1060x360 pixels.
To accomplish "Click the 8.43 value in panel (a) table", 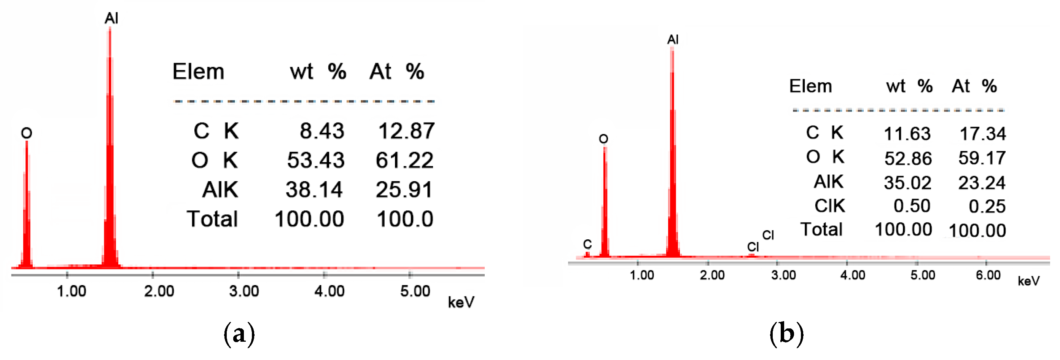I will [322, 131].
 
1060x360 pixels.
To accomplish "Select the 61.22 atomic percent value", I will [404, 160].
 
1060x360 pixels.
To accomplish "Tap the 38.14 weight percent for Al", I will [314, 190].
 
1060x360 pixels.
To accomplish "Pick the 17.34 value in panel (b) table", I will [982, 134].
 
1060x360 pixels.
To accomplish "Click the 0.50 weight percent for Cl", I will [912, 206].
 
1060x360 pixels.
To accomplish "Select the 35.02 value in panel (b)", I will [907, 183].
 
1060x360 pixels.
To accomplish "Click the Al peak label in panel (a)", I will [111, 18].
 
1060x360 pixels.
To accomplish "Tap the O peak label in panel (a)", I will [26, 133].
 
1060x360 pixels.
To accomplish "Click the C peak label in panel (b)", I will [587, 244].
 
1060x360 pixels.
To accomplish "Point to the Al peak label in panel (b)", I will [673, 40].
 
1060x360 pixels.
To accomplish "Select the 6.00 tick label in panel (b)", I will [988, 275].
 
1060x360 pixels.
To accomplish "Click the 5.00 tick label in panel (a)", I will [415, 291].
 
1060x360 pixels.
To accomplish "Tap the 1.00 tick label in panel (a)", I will [71, 291].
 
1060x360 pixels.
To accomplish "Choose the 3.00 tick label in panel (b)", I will [783, 275].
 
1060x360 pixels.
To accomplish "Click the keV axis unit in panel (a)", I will [461, 303].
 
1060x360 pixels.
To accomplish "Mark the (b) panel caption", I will [786, 333].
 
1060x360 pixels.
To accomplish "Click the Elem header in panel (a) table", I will [198, 72].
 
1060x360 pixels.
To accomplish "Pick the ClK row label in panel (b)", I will [829, 206].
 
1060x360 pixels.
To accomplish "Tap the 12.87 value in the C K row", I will [406, 131].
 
